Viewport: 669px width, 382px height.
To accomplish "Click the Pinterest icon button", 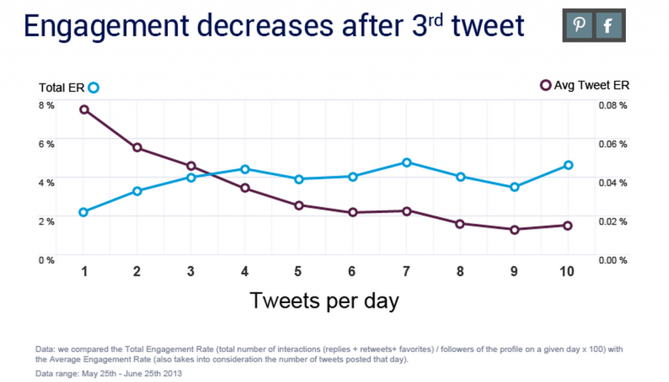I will pyautogui.click(x=579, y=25).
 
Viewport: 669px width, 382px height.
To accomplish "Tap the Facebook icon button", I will pyautogui.click(x=608, y=25).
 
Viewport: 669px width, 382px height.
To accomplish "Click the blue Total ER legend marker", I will pyautogui.click(x=93, y=88).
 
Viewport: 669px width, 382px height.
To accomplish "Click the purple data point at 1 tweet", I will pyautogui.click(x=84, y=109).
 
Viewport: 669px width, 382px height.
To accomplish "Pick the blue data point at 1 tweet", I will pyautogui.click(x=83, y=212).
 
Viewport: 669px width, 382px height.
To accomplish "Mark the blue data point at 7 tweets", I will pyautogui.click(x=406, y=162).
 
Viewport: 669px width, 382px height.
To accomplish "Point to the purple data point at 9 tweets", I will pyautogui.click(x=514, y=230).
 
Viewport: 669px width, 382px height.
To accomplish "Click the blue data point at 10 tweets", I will pyautogui.click(x=568, y=165).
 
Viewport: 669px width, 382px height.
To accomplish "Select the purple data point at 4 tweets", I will pyautogui.click(x=245, y=188).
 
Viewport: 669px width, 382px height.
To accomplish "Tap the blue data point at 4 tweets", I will pyautogui.click(x=245, y=169).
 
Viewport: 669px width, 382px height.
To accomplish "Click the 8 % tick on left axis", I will pyautogui.click(x=46, y=105).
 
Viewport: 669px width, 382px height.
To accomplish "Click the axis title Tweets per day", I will pyautogui.click(x=324, y=301).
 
